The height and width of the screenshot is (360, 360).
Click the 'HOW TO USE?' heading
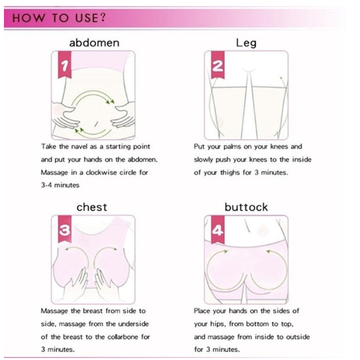point(55,18)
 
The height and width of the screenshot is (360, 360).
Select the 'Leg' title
point(246,43)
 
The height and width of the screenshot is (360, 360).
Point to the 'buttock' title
point(246,207)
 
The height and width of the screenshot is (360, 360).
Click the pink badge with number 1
point(63,66)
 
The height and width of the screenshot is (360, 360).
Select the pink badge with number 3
point(63,230)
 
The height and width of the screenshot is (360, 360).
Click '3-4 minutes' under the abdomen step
point(60,185)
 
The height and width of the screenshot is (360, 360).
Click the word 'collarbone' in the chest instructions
point(128,337)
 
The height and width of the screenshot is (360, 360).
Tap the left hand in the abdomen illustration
point(64,122)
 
